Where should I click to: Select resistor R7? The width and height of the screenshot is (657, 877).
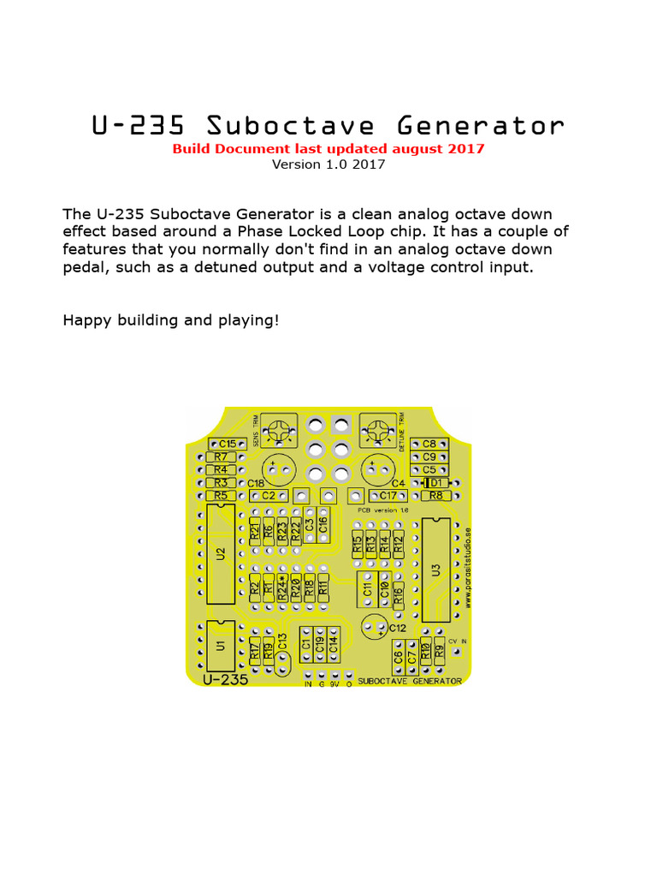coord(220,456)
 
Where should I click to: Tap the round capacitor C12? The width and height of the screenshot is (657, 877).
coord(374,627)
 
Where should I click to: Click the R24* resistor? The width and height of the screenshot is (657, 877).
coord(282,587)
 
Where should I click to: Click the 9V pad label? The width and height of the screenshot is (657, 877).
coord(334,683)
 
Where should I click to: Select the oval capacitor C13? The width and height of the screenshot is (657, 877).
coord(283,653)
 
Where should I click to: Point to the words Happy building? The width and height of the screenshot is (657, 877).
coord(120,320)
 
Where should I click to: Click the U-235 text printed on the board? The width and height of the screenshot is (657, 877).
coord(226,679)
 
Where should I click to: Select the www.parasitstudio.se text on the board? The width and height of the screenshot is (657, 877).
coord(468,565)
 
